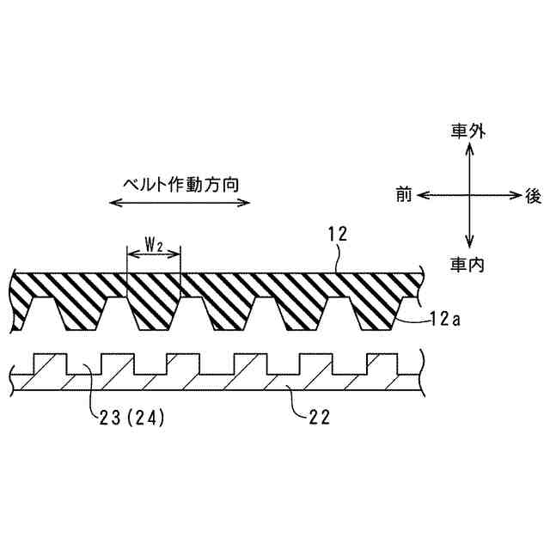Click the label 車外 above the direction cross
click(x=468, y=131)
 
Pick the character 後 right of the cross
click(x=533, y=196)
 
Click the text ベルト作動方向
click(x=181, y=184)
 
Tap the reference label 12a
click(x=445, y=319)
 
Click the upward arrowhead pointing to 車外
click(x=469, y=147)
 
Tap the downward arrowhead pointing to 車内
click(x=469, y=246)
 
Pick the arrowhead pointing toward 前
click(x=422, y=196)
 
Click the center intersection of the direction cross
click(x=469, y=196)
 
